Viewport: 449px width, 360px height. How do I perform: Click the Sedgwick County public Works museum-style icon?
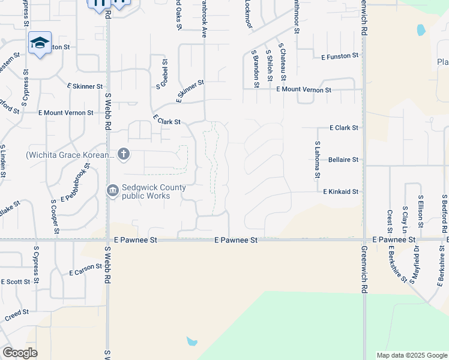pos(113,191)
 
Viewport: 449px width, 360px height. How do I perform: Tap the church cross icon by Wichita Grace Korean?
pos(124,154)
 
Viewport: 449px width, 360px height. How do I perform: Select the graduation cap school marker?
pos(40,43)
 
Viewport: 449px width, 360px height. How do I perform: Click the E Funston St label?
pos(340,56)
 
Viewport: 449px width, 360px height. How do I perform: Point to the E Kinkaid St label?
pos(340,192)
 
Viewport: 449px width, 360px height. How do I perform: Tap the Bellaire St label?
pos(343,160)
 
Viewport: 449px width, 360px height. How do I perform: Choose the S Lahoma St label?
pos(318,160)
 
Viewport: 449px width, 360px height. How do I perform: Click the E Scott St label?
pos(16,281)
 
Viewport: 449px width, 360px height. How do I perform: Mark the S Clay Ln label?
pos(405,220)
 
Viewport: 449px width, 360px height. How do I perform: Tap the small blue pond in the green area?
pos(191,342)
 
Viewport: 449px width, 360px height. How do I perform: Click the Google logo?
pos(20,353)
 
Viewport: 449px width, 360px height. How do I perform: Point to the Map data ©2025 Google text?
pos(412,355)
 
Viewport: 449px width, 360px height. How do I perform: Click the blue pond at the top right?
pos(421,29)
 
